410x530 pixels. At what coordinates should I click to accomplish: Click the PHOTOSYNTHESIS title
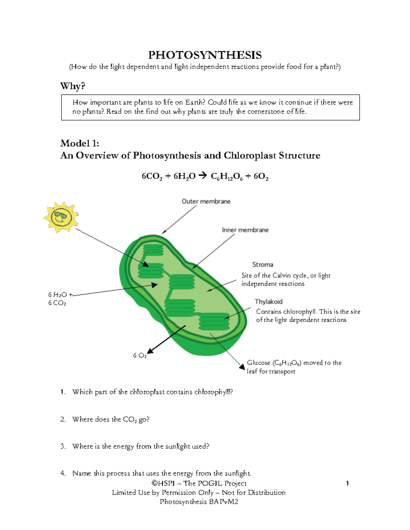205,55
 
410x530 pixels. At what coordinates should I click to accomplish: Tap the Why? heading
72,86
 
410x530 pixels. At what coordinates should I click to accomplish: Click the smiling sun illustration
61,217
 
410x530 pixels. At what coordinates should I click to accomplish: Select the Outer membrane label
206,201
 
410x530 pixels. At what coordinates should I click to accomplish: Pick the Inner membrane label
245,230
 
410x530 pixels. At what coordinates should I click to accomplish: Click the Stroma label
262,264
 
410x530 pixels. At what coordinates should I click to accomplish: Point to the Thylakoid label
269,301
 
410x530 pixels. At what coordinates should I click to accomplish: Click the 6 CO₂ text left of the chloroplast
57,303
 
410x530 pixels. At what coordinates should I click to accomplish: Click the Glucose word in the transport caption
258,363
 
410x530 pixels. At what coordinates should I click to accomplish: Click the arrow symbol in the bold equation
203,176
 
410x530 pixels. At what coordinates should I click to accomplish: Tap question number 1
63,392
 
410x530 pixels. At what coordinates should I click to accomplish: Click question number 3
63,446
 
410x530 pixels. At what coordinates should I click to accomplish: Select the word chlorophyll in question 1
213,392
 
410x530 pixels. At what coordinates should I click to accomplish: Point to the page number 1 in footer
347,483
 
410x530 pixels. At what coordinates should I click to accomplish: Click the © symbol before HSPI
154,483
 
